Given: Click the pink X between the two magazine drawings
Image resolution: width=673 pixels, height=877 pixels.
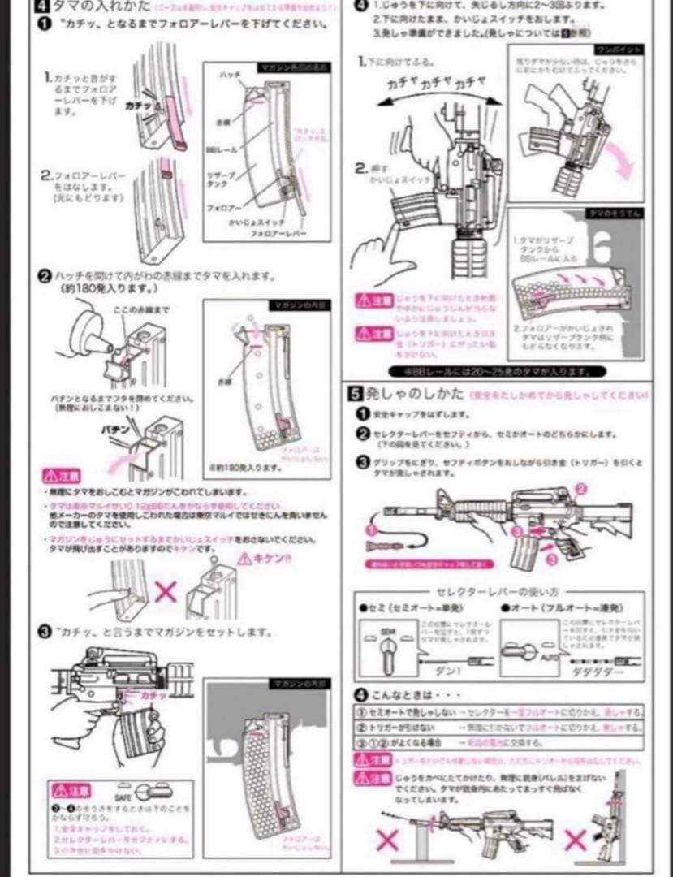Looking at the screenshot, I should pyautogui.click(x=166, y=589).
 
